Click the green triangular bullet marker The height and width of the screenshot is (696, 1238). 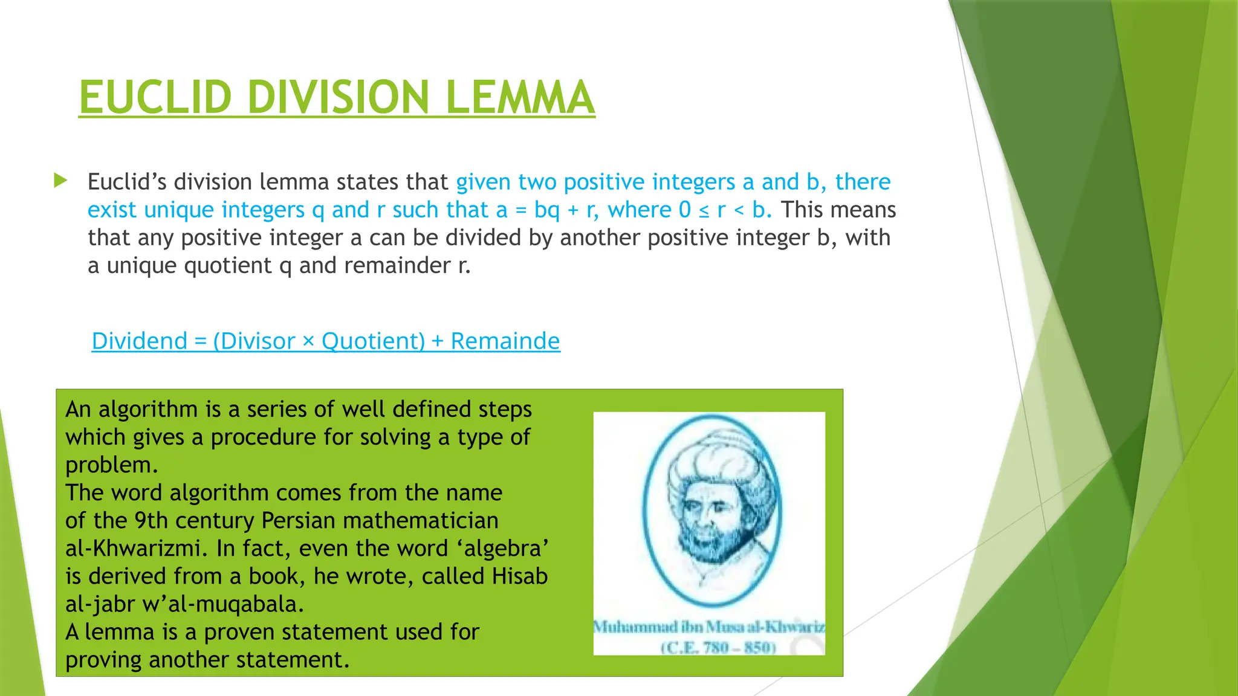(x=60, y=180)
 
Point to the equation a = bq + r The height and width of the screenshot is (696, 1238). (x=547, y=210)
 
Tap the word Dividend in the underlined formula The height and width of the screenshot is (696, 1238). (x=140, y=341)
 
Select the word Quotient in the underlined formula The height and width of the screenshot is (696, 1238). (x=373, y=341)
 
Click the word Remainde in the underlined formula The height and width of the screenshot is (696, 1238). (x=505, y=341)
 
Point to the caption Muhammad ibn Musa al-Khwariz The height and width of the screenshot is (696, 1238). (x=708, y=627)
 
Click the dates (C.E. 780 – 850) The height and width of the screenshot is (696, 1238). (x=718, y=648)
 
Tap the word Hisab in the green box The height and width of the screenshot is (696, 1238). (x=519, y=576)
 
